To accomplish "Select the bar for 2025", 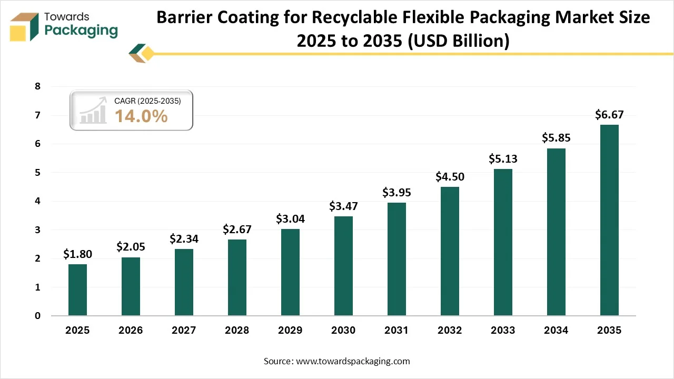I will tap(77, 290).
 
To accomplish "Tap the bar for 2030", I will tap(343, 266).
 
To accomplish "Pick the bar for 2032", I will tap(450, 251).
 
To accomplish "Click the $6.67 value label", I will tap(609, 114).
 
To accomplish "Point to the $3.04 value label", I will tap(290, 218).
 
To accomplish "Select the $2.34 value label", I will tap(184, 238).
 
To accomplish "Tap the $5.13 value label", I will tap(503, 158).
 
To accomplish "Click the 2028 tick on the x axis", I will tap(237, 331).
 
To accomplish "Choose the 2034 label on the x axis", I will tap(556, 331).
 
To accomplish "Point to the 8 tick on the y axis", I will tap(37, 86).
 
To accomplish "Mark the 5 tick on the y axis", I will tap(37, 173).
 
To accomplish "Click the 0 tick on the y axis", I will tap(37, 316).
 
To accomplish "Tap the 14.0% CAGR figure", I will tap(141, 116).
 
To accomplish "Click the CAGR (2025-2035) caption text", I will tap(147, 101).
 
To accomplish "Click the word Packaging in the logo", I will tap(81, 31).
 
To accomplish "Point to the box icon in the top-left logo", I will tap(25, 27).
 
